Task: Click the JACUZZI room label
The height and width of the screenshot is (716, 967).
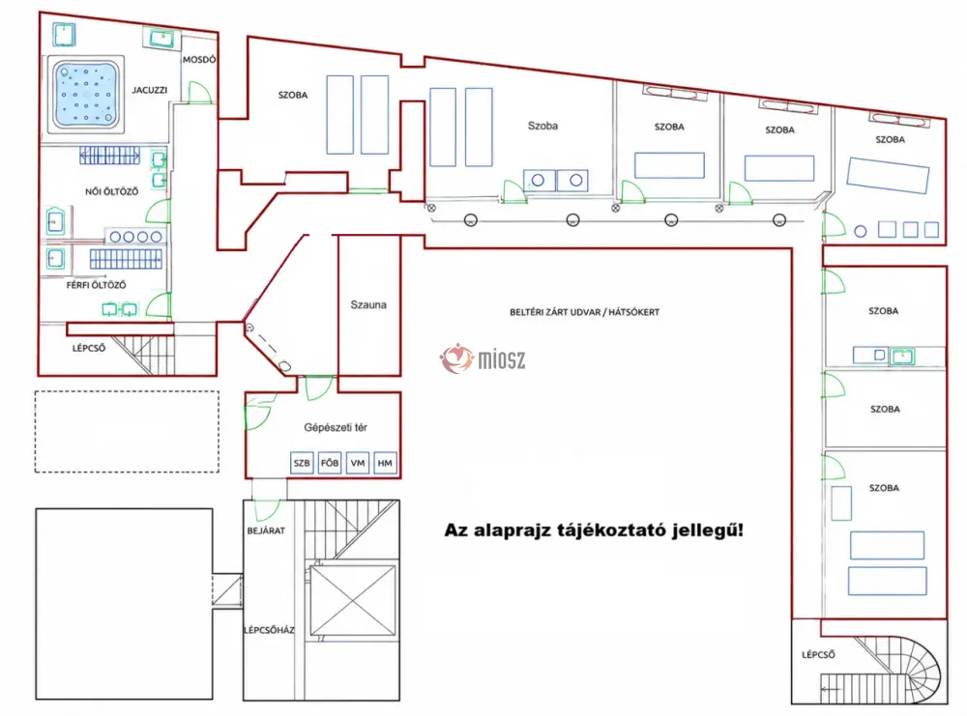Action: click(149, 90)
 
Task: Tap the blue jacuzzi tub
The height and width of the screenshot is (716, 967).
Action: click(86, 95)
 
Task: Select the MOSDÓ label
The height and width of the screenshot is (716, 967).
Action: click(199, 60)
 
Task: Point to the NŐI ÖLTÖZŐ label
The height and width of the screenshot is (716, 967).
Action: click(111, 191)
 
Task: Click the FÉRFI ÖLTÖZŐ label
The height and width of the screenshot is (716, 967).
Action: click(96, 285)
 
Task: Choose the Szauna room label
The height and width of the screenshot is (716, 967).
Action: click(368, 304)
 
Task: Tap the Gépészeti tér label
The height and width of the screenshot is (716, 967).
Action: click(336, 427)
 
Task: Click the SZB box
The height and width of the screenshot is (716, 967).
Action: click(302, 463)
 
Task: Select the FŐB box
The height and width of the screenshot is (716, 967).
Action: click(330, 463)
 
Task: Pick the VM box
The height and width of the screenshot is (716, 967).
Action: click(358, 463)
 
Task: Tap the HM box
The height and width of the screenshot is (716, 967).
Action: click(385, 463)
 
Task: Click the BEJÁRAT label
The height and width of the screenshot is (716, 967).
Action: click(266, 530)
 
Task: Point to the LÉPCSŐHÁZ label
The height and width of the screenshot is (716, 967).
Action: click(269, 630)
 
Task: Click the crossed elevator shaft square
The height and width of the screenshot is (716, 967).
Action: click(352, 600)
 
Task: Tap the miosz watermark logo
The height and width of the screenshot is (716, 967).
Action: click(483, 358)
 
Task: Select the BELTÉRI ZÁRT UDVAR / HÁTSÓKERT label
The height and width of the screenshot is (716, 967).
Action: click(584, 312)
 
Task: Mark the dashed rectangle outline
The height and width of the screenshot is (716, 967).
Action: click(35, 431)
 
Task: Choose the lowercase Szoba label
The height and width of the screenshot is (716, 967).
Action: click(542, 126)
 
